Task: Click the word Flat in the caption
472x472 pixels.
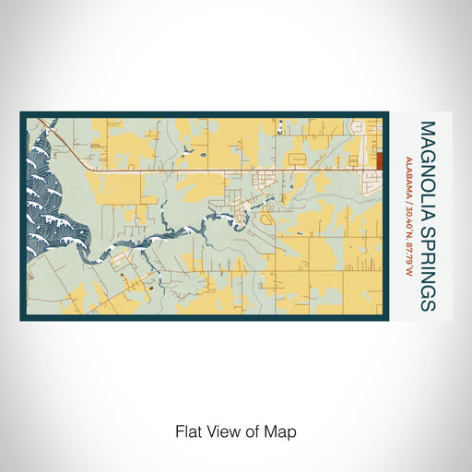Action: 188,431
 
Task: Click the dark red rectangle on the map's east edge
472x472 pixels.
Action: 378,160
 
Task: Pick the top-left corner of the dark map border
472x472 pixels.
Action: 21,113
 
